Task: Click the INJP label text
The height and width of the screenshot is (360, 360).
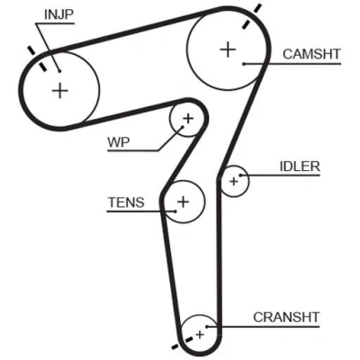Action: (x=58, y=14)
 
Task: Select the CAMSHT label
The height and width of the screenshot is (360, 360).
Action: (x=311, y=54)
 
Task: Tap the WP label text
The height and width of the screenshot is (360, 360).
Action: (x=119, y=142)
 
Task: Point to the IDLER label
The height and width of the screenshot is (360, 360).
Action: (x=300, y=166)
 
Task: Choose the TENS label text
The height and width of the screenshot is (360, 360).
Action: (x=126, y=202)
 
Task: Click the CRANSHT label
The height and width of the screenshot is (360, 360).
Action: (x=286, y=317)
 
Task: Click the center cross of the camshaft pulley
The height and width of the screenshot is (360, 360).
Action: (x=228, y=49)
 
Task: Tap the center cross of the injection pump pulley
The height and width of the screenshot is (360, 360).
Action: (x=60, y=90)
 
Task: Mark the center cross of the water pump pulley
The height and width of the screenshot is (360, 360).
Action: (x=188, y=119)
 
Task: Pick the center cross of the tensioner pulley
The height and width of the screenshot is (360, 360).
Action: (x=184, y=202)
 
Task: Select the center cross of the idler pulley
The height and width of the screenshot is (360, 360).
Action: (x=234, y=182)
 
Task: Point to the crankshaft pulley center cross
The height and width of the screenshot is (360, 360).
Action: (x=200, y=334)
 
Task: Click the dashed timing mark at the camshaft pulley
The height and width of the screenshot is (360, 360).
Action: (x=251, y=16)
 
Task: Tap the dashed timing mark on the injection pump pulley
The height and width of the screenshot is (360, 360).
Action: (x=37, y=58)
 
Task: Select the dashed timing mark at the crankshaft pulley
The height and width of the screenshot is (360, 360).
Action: (x=182, y=343)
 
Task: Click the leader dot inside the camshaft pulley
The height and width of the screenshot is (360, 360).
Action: (x=244, y=64)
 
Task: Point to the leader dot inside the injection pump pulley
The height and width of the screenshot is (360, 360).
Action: (x=59, y=71)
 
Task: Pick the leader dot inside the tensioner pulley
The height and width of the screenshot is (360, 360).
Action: (x=175, y=211)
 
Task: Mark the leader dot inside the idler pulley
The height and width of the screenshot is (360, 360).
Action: (x=240, y=175)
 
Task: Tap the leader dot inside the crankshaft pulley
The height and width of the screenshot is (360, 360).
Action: (x=207, y=327)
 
